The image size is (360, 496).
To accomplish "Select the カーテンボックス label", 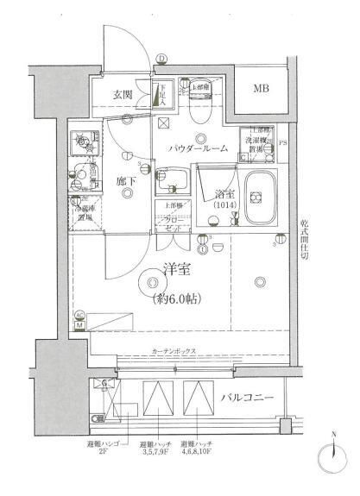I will coord(174,352).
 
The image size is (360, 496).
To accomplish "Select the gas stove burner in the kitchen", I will coord(85,141).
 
